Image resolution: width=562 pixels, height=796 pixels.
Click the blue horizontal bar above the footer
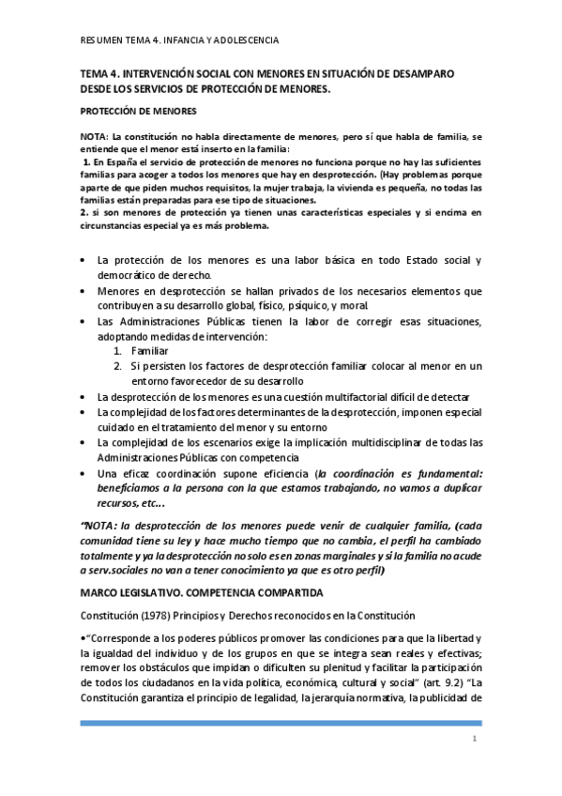(x=281, y=723)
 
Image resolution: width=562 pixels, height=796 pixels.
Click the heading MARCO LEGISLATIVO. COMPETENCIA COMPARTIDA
(x=203, y=593)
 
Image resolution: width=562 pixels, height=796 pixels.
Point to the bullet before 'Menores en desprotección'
(x=84, y=291)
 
